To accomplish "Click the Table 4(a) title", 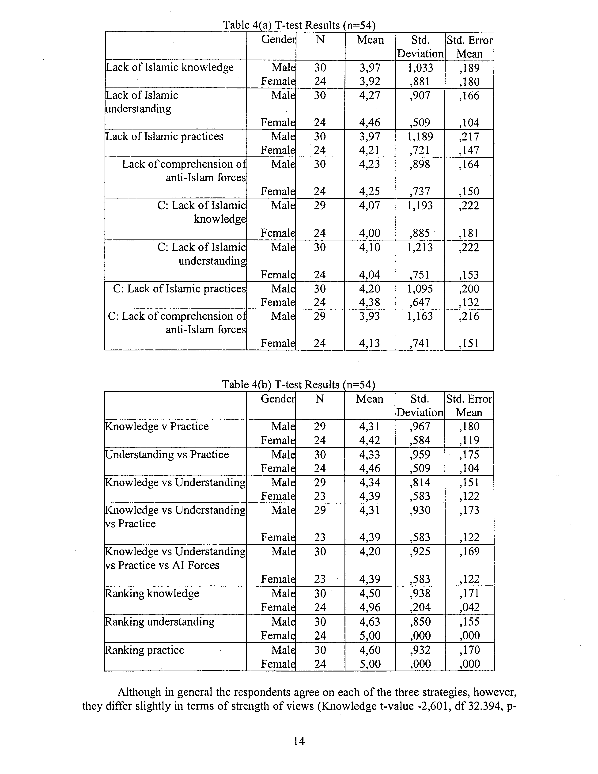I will [299, 25].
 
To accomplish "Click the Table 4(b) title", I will [298, 384].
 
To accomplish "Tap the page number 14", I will [299, 741].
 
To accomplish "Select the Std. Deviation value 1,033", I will [420, 68].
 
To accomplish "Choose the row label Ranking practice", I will [144, 650].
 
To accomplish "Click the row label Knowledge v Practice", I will [157, 426].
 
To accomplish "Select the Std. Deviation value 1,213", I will [420, 247].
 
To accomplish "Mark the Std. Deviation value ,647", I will [420, 302].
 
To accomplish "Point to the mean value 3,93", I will [370, 316].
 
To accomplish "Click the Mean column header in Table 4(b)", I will [370, 399].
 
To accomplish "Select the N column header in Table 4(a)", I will [320, 40].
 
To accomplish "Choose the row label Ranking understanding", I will [160, 622].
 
